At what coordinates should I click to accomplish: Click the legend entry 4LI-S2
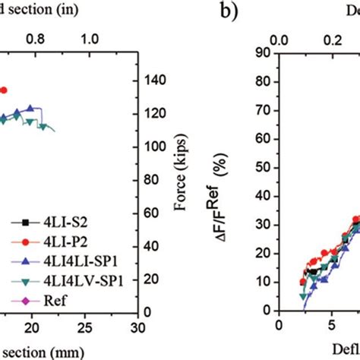pos(47,223)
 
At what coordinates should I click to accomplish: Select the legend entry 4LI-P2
pos(47,241)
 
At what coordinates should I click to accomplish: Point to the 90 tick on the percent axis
pos(263,52)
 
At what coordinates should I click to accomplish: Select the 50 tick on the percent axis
pos(263,167)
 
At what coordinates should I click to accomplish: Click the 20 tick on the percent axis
pos(263,253)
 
